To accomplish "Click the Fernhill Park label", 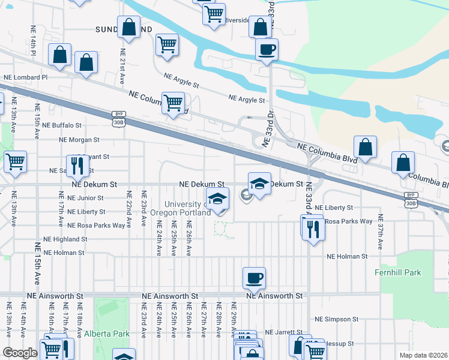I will point(412,272).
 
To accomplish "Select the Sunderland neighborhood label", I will point(124,29).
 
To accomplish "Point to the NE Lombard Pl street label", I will point(25,77).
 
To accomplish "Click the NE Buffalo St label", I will point(61,125).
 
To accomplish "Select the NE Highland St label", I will point(61,239).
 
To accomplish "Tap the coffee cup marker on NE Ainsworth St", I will point(254,278).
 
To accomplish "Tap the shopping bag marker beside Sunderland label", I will point(129,26).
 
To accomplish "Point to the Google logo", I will point(20,353).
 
